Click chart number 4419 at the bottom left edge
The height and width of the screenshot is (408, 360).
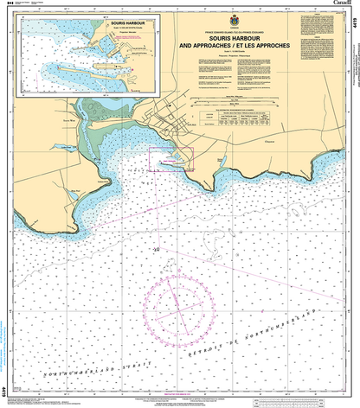[5, 391]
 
